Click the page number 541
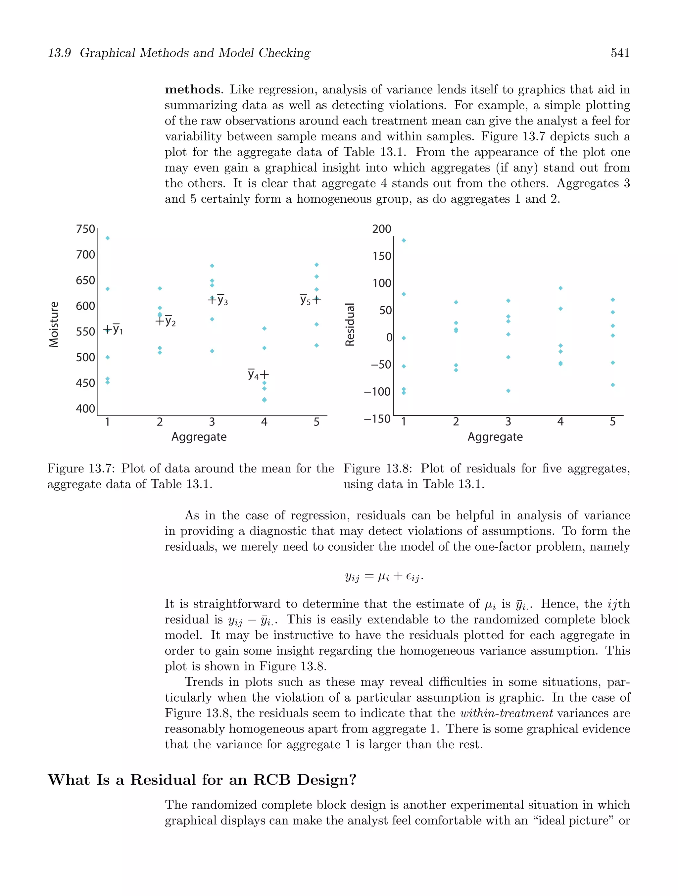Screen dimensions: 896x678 click(x=620, y=53)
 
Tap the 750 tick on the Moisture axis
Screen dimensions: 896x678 click(x=85, y=229)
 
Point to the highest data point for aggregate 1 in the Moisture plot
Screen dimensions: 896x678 click(x=107, y=238)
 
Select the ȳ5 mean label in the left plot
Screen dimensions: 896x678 click(x=305, y=300)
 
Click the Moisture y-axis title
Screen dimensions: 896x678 click(x=53, y=324)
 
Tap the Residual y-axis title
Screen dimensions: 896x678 click(x=350, y=324)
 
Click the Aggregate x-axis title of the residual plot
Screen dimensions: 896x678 click(x=495, y=437)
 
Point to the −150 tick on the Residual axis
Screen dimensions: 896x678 click(x=377, y=419)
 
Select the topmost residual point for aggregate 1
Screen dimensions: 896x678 click(x=404, y=241)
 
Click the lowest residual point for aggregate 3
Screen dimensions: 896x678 click(x=508, y=391)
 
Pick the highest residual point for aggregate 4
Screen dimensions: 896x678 click(x=560, y=288)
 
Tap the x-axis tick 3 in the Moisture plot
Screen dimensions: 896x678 click(x=212, y=422)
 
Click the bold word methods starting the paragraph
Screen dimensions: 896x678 click(x=192, y=89)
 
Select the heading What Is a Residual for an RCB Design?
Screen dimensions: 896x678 click(x=202, y=780)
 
